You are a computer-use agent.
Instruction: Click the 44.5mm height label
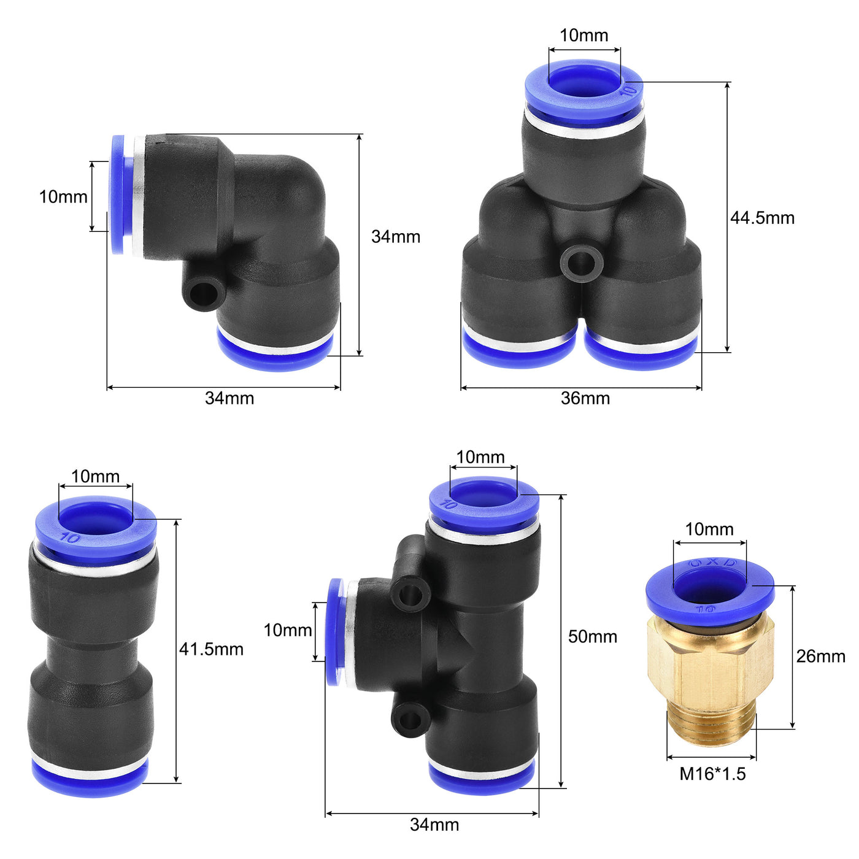coord(761,218)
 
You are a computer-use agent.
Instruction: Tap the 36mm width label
coord(585,398)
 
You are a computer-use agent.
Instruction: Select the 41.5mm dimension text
coord(211,649)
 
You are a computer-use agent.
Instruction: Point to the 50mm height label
coord(592,637)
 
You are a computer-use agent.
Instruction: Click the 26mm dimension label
coord(820,657)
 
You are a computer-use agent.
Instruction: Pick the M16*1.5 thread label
coord(712,774)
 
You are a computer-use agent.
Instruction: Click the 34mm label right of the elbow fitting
coord(396,237)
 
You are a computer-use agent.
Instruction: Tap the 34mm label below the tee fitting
coord(434,825)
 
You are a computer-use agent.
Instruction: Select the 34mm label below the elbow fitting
coord(229,398)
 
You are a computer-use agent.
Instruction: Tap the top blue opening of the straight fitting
coord(95,520)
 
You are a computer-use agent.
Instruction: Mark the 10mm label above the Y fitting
coord(584,36)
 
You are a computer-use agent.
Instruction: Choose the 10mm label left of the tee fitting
coord(288,630)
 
